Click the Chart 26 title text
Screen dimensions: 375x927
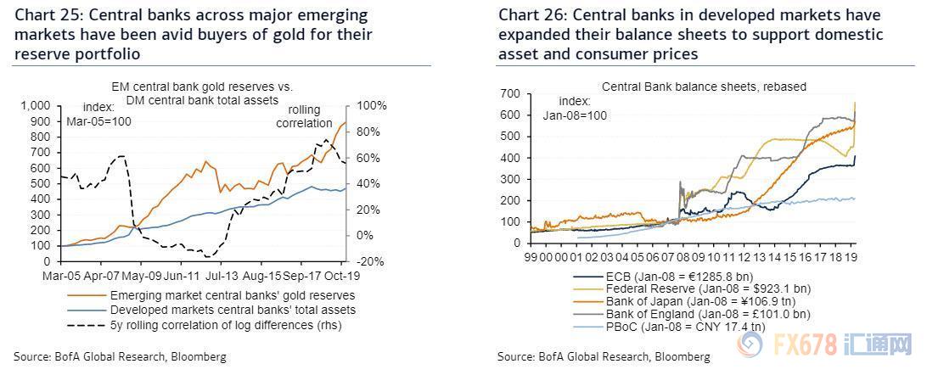coord(689,35)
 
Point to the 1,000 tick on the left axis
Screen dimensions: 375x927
coord(36,105)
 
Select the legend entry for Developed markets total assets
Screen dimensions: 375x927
coord(233,310)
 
